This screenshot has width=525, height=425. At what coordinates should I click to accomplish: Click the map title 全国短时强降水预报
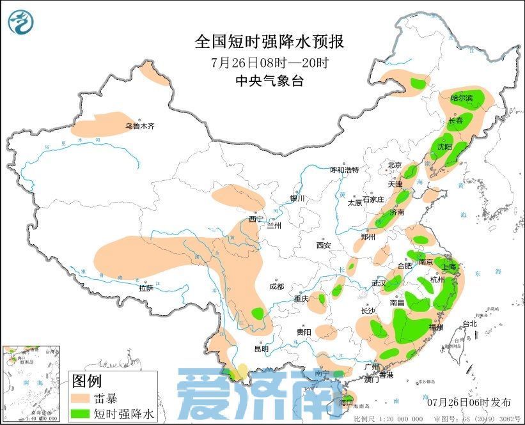click(269, 43)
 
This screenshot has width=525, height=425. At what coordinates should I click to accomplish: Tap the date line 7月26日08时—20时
click(269, 63)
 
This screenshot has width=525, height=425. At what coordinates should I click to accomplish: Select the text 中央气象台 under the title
click(269, 81)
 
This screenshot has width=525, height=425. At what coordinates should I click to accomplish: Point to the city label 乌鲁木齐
click(139, 127)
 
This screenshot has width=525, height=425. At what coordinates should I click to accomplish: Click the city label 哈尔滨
click(462, 98)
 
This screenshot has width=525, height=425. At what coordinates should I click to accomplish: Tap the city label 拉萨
click(146, 288)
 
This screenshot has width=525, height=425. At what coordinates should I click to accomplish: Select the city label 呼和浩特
click(344, 170)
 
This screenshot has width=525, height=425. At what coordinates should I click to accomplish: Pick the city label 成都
click(276, 287)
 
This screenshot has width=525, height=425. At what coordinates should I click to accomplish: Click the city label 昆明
click(262, 349)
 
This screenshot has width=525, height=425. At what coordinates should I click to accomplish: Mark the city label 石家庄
click(373, 199)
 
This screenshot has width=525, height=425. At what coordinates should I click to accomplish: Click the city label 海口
click(346, 403)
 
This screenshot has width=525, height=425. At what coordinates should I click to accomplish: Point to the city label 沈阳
click(444, 146)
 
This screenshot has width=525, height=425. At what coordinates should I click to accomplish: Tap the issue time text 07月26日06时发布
click(469, 403)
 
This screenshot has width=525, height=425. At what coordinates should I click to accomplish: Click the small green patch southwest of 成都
click(258, 313)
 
